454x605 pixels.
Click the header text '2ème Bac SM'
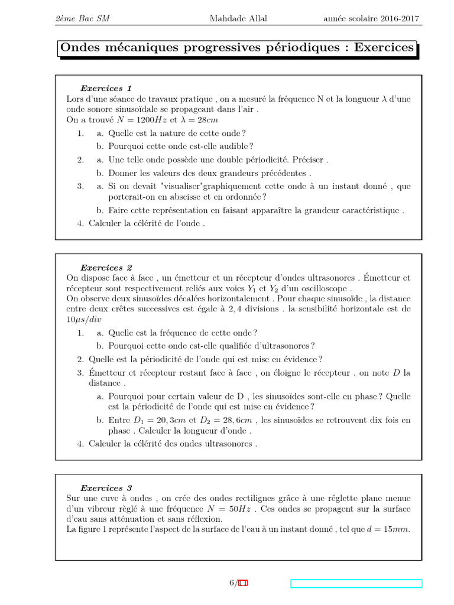point(82,19)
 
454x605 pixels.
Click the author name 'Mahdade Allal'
point(238,19)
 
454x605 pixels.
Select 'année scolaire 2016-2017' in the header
point(371,19)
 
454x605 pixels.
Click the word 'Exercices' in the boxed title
point(384,48)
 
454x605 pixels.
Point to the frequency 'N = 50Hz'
point(229,509)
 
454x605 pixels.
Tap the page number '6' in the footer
point(232,583)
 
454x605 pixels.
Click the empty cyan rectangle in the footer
point(356,584)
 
